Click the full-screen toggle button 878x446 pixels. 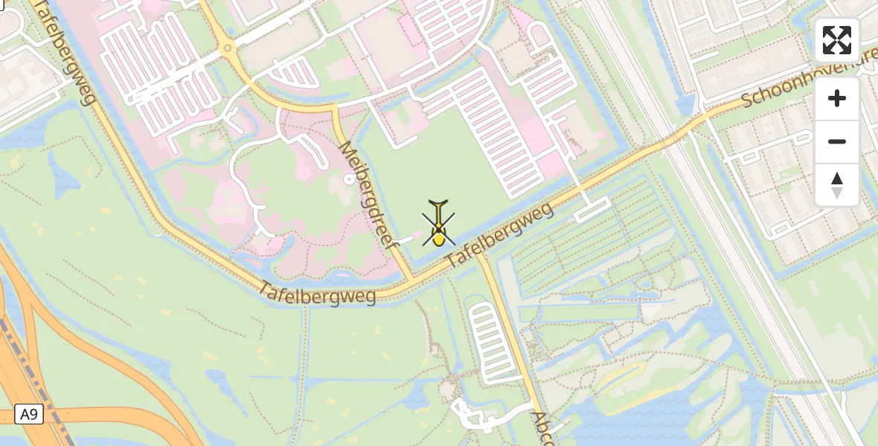pyautogui.click(x=837, y=40)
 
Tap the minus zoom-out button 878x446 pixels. pyautogui.click(x=837, y=142)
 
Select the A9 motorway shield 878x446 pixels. pyautogui.click(x=28, y=414)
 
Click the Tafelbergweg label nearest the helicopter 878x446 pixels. pyautogui.click(x=500, y=236)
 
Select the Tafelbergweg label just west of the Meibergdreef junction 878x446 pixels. pyautogui.click(x=318, y=292)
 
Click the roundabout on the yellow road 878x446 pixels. pyautogui.click(x=228, y=49)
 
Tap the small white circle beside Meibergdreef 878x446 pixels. pyautogui.click(x=349, y=178)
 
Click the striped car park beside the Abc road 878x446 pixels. pyautogui.click(x=489, y=343)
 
